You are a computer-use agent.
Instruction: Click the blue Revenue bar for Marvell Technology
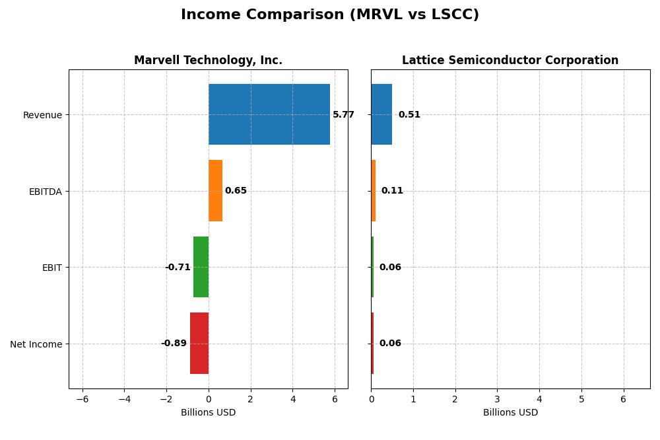269,114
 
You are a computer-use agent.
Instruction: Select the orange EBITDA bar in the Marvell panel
215,190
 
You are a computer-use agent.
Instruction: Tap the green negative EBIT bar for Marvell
201,267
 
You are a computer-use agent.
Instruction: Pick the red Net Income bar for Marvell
199,343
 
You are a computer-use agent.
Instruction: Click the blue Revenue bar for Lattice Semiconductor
381,114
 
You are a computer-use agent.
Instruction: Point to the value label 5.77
343,115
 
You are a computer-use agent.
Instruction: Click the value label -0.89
174,344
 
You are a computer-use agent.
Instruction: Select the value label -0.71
178,268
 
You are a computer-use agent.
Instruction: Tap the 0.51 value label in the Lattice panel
409,115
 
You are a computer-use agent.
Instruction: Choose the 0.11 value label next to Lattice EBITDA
392,191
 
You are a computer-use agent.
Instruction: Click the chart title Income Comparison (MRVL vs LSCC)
330,15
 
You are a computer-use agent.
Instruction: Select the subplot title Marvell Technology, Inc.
208,61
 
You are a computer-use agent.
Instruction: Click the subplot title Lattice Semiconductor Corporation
510,61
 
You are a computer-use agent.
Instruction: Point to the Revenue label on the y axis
42,115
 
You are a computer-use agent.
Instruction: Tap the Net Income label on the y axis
36,344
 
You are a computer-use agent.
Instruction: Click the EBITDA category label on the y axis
46,192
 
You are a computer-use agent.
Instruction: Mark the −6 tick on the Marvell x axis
82,399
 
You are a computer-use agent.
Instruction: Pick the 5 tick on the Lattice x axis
581,399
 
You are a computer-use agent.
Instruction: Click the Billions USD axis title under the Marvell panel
208,413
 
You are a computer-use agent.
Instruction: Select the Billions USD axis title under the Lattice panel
510,413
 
